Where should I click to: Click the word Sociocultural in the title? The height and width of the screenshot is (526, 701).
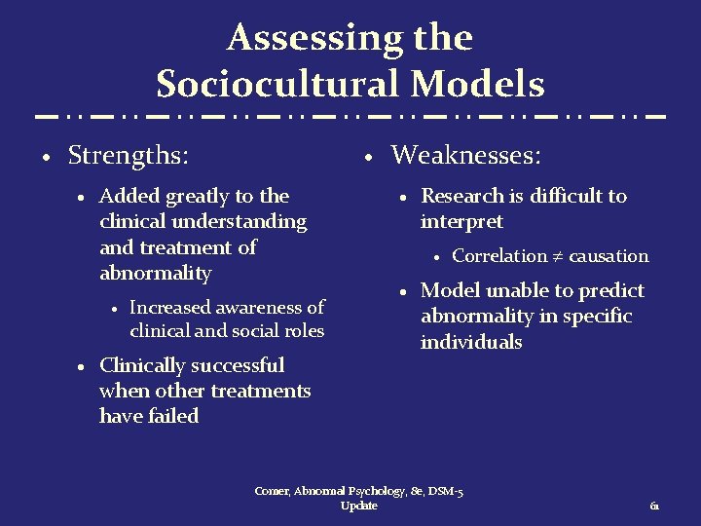279,85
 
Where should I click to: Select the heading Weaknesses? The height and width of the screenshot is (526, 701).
466,155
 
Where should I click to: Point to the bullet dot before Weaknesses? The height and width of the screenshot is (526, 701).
367,157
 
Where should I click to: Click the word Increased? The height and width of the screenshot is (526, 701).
169,307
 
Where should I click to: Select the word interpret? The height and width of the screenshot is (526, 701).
461,221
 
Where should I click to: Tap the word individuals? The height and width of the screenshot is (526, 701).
471,342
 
